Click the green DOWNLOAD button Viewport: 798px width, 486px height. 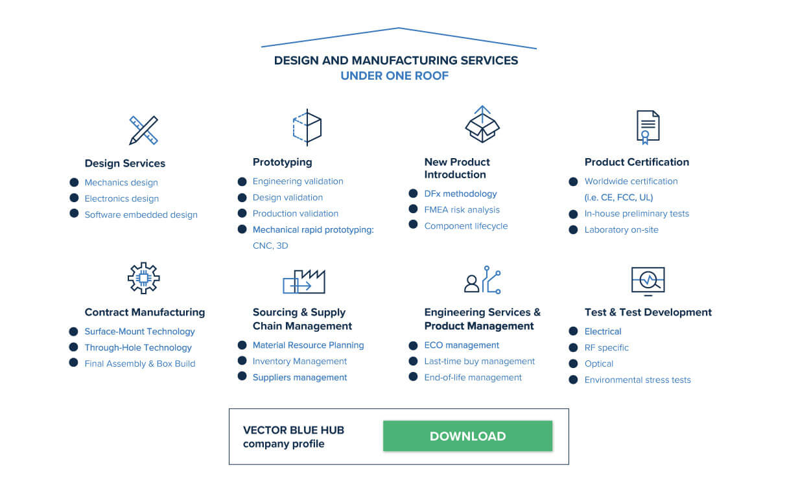pos(467,436)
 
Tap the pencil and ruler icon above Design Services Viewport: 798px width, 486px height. pos(143,130)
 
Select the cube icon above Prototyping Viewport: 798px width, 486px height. pos(307,127)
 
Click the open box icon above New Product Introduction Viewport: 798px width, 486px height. pos(482,124)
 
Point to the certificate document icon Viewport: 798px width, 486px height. pos(648,127)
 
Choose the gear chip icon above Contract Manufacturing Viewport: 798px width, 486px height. pos(143,278)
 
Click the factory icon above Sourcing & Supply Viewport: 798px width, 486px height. pos(304,281)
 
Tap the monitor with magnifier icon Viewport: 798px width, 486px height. pos(648,281)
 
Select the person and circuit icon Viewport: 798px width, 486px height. pos(482,280)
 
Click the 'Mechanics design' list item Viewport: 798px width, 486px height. pos(121,183)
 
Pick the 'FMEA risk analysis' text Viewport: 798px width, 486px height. pos(462,210)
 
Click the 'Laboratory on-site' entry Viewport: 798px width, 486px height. pos(621,230)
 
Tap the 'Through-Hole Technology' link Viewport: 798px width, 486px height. pos(138,348)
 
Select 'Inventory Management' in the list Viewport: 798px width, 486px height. pos(299,362)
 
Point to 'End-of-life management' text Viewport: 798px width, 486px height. pos(473,378)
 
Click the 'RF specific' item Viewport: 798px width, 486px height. pos(606,348)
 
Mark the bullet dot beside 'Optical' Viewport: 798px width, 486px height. pos(573,364)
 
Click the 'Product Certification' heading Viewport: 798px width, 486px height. pos(637,162)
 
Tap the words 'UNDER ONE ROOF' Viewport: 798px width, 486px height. pos(395,76)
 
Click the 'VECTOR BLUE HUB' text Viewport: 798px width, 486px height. pos(294,430)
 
